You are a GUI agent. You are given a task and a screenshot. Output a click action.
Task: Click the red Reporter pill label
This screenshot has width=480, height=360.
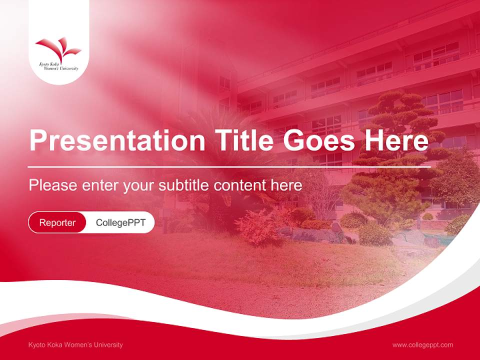57,222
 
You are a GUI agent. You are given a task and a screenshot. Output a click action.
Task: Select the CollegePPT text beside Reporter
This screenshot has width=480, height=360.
120,222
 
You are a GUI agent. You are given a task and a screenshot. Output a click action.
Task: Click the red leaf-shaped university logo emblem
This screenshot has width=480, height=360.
58,49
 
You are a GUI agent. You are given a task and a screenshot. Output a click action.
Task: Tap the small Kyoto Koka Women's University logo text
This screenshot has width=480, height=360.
58,66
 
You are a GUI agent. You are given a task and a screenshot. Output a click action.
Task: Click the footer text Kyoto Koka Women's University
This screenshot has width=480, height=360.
75,344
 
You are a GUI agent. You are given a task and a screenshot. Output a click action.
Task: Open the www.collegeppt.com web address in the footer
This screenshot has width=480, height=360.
422,344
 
